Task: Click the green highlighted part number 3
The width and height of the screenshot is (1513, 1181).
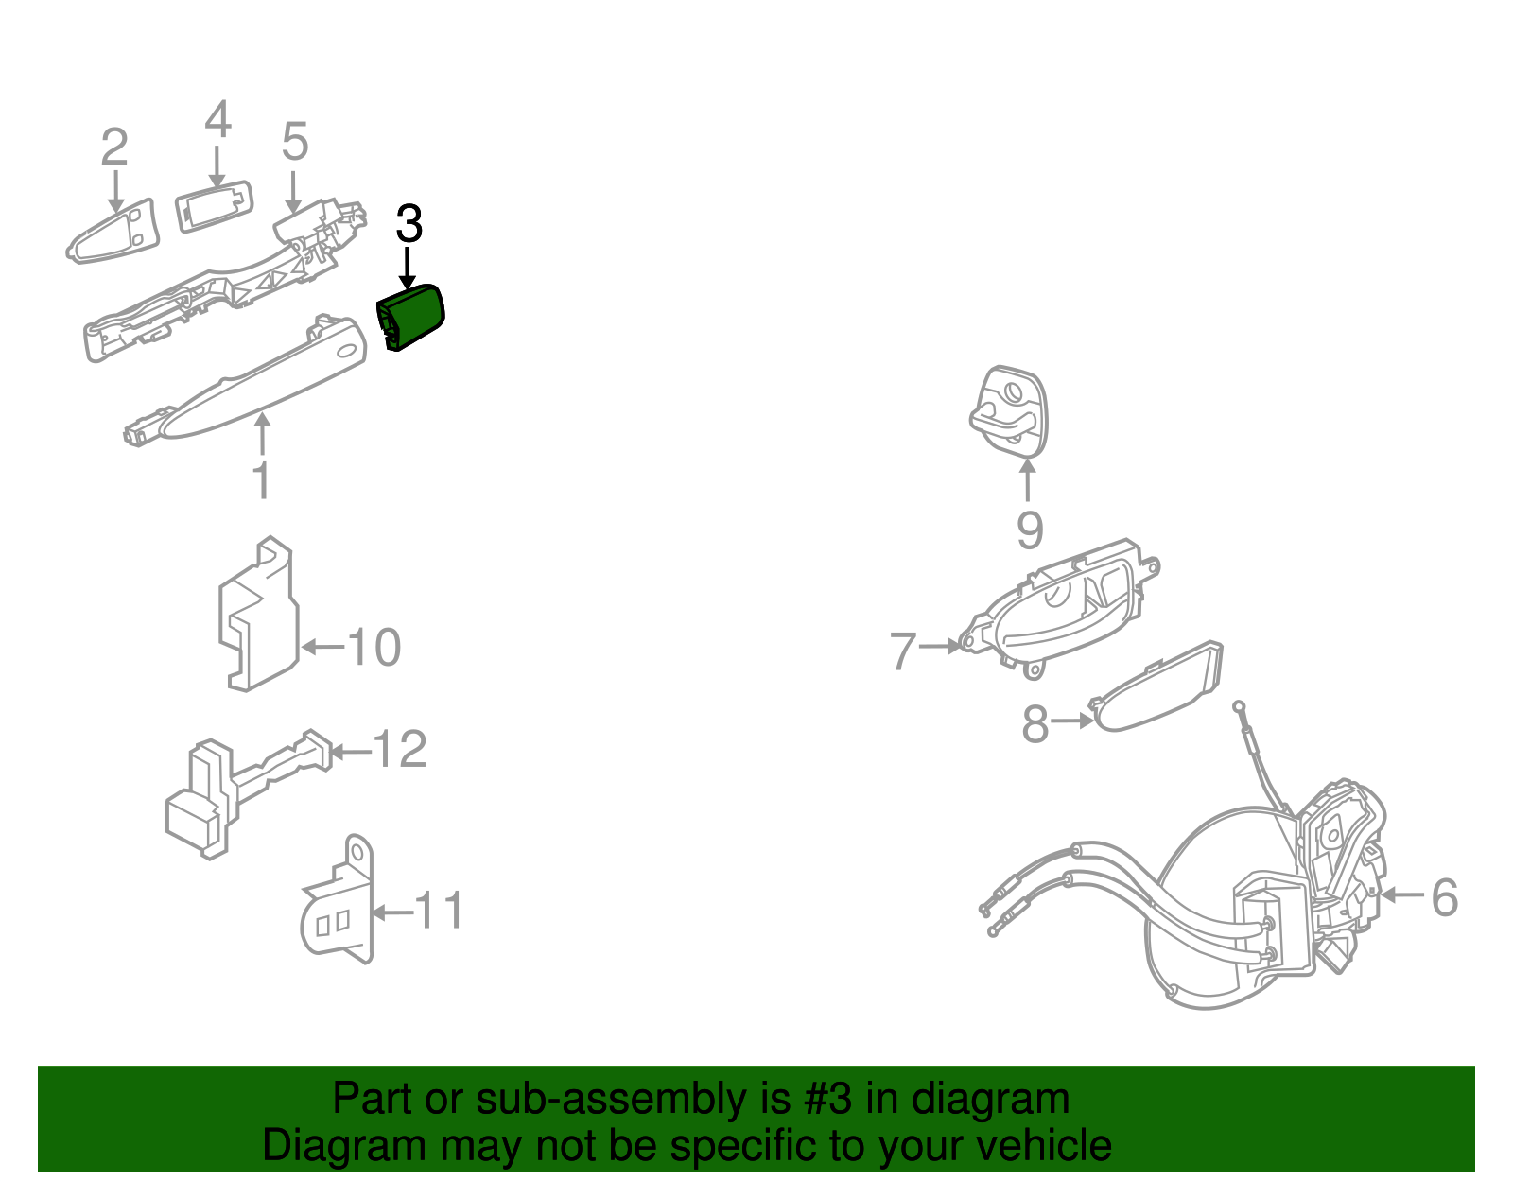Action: pos(410,318)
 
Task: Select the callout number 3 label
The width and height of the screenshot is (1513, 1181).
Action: pos(409,224)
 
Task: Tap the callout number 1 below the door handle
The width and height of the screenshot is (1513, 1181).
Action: pos(262,479)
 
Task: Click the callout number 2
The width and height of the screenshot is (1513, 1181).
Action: pos(114,147)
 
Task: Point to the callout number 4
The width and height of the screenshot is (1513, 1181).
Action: pos(217,119)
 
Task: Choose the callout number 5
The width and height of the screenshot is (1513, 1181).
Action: pos(294,141)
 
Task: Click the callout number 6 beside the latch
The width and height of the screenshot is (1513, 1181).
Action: pos(1444,897)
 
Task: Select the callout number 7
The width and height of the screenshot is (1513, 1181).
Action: pos(903,651)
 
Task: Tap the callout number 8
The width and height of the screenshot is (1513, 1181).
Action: pos(1035,723)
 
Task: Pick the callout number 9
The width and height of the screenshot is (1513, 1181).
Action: pos(1030,530)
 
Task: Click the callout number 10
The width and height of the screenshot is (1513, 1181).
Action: pos(374,647)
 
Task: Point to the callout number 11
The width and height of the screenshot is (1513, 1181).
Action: pos(438,910)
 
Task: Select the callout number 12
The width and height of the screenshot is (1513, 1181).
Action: pos(400,749)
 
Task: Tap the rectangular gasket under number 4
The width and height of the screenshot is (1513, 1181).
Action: pos(214,206)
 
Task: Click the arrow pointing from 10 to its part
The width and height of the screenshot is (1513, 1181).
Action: pos(322,647)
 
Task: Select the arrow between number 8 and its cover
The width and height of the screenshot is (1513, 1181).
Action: pos(1071,721)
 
